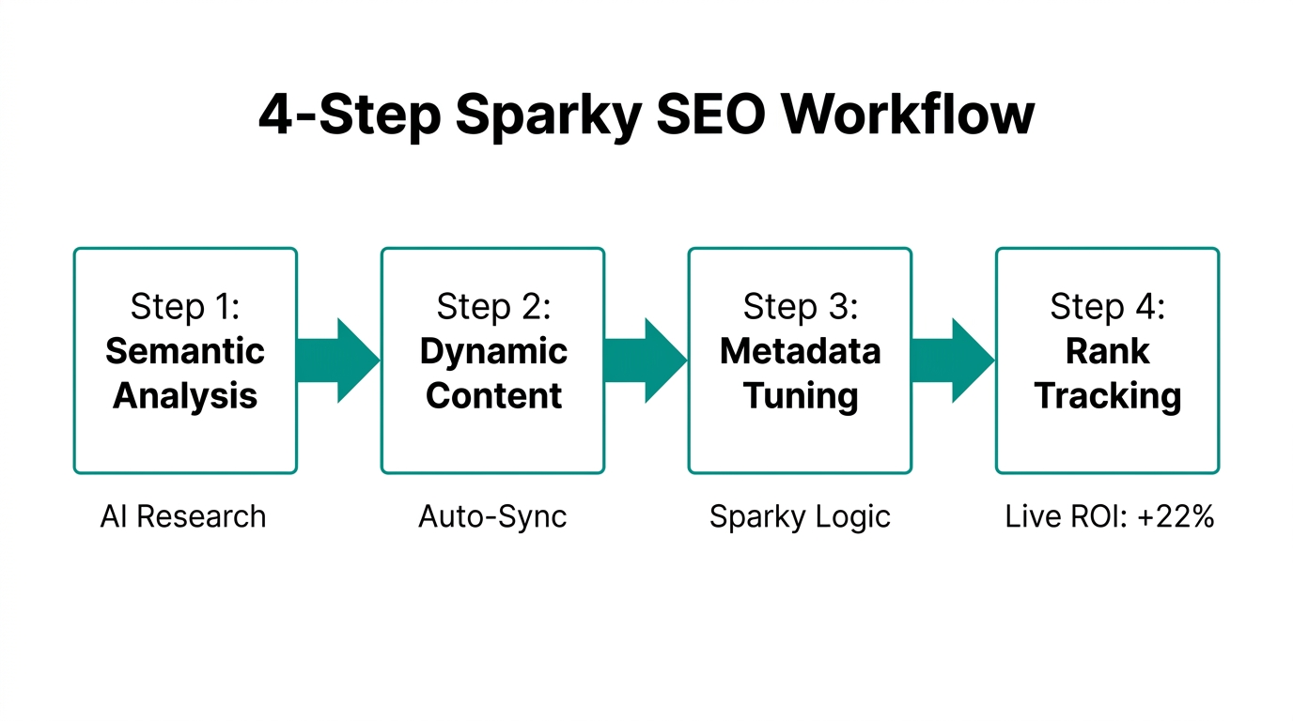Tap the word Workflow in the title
909,115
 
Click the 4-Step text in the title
350,115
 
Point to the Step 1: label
185,307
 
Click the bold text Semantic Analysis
185,374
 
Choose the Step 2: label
493,307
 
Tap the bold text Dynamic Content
493,374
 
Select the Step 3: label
801,307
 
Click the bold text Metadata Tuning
801,374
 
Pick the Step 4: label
1108,307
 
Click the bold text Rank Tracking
1108,374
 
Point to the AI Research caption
183,517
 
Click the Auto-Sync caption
492,517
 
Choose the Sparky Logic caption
800,517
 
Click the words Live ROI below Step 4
1062,517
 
